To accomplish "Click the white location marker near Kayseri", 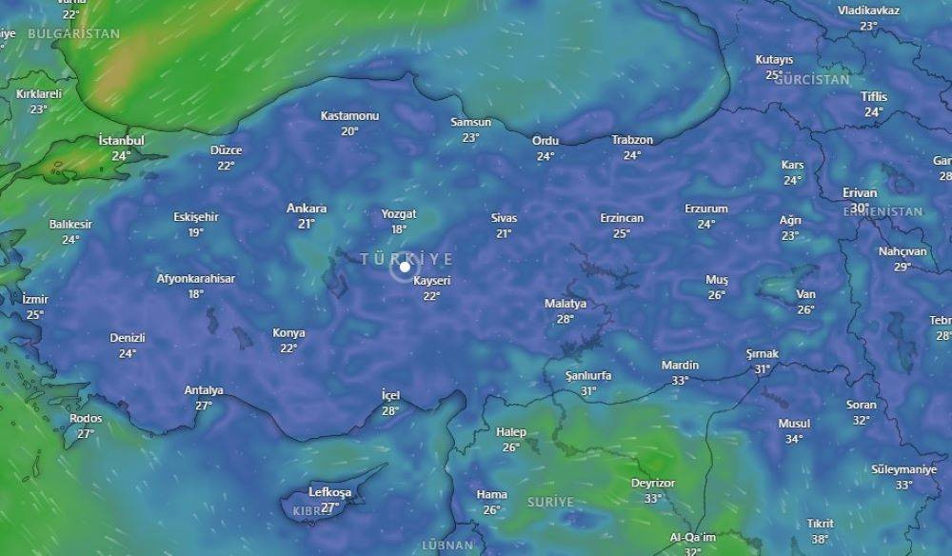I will pos(405,268).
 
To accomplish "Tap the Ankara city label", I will pos(307,208).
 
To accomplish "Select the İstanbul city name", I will pos(121,141).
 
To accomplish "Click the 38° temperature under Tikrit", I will pos(820,539).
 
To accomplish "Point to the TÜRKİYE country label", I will pos(407,258).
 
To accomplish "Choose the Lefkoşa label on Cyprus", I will pos(330,492).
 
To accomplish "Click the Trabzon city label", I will pos(632,140).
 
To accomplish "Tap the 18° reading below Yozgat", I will pos(399,229).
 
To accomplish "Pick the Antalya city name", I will pos(204,390).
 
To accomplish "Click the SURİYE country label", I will pos(551,501).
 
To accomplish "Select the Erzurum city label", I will pos(706,208).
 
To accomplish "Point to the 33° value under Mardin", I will pos(680,381).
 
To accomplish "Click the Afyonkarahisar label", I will pos(196,279).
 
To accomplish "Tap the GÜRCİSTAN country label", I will pos(812,80).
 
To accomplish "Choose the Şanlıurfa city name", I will pos(588,375).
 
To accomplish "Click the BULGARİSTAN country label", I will pos(74,33).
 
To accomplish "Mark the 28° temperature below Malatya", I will pos(565,319).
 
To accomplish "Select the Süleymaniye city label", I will pos(903,469).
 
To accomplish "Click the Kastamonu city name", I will pos(349,116).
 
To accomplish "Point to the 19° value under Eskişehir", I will pos(196,232).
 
